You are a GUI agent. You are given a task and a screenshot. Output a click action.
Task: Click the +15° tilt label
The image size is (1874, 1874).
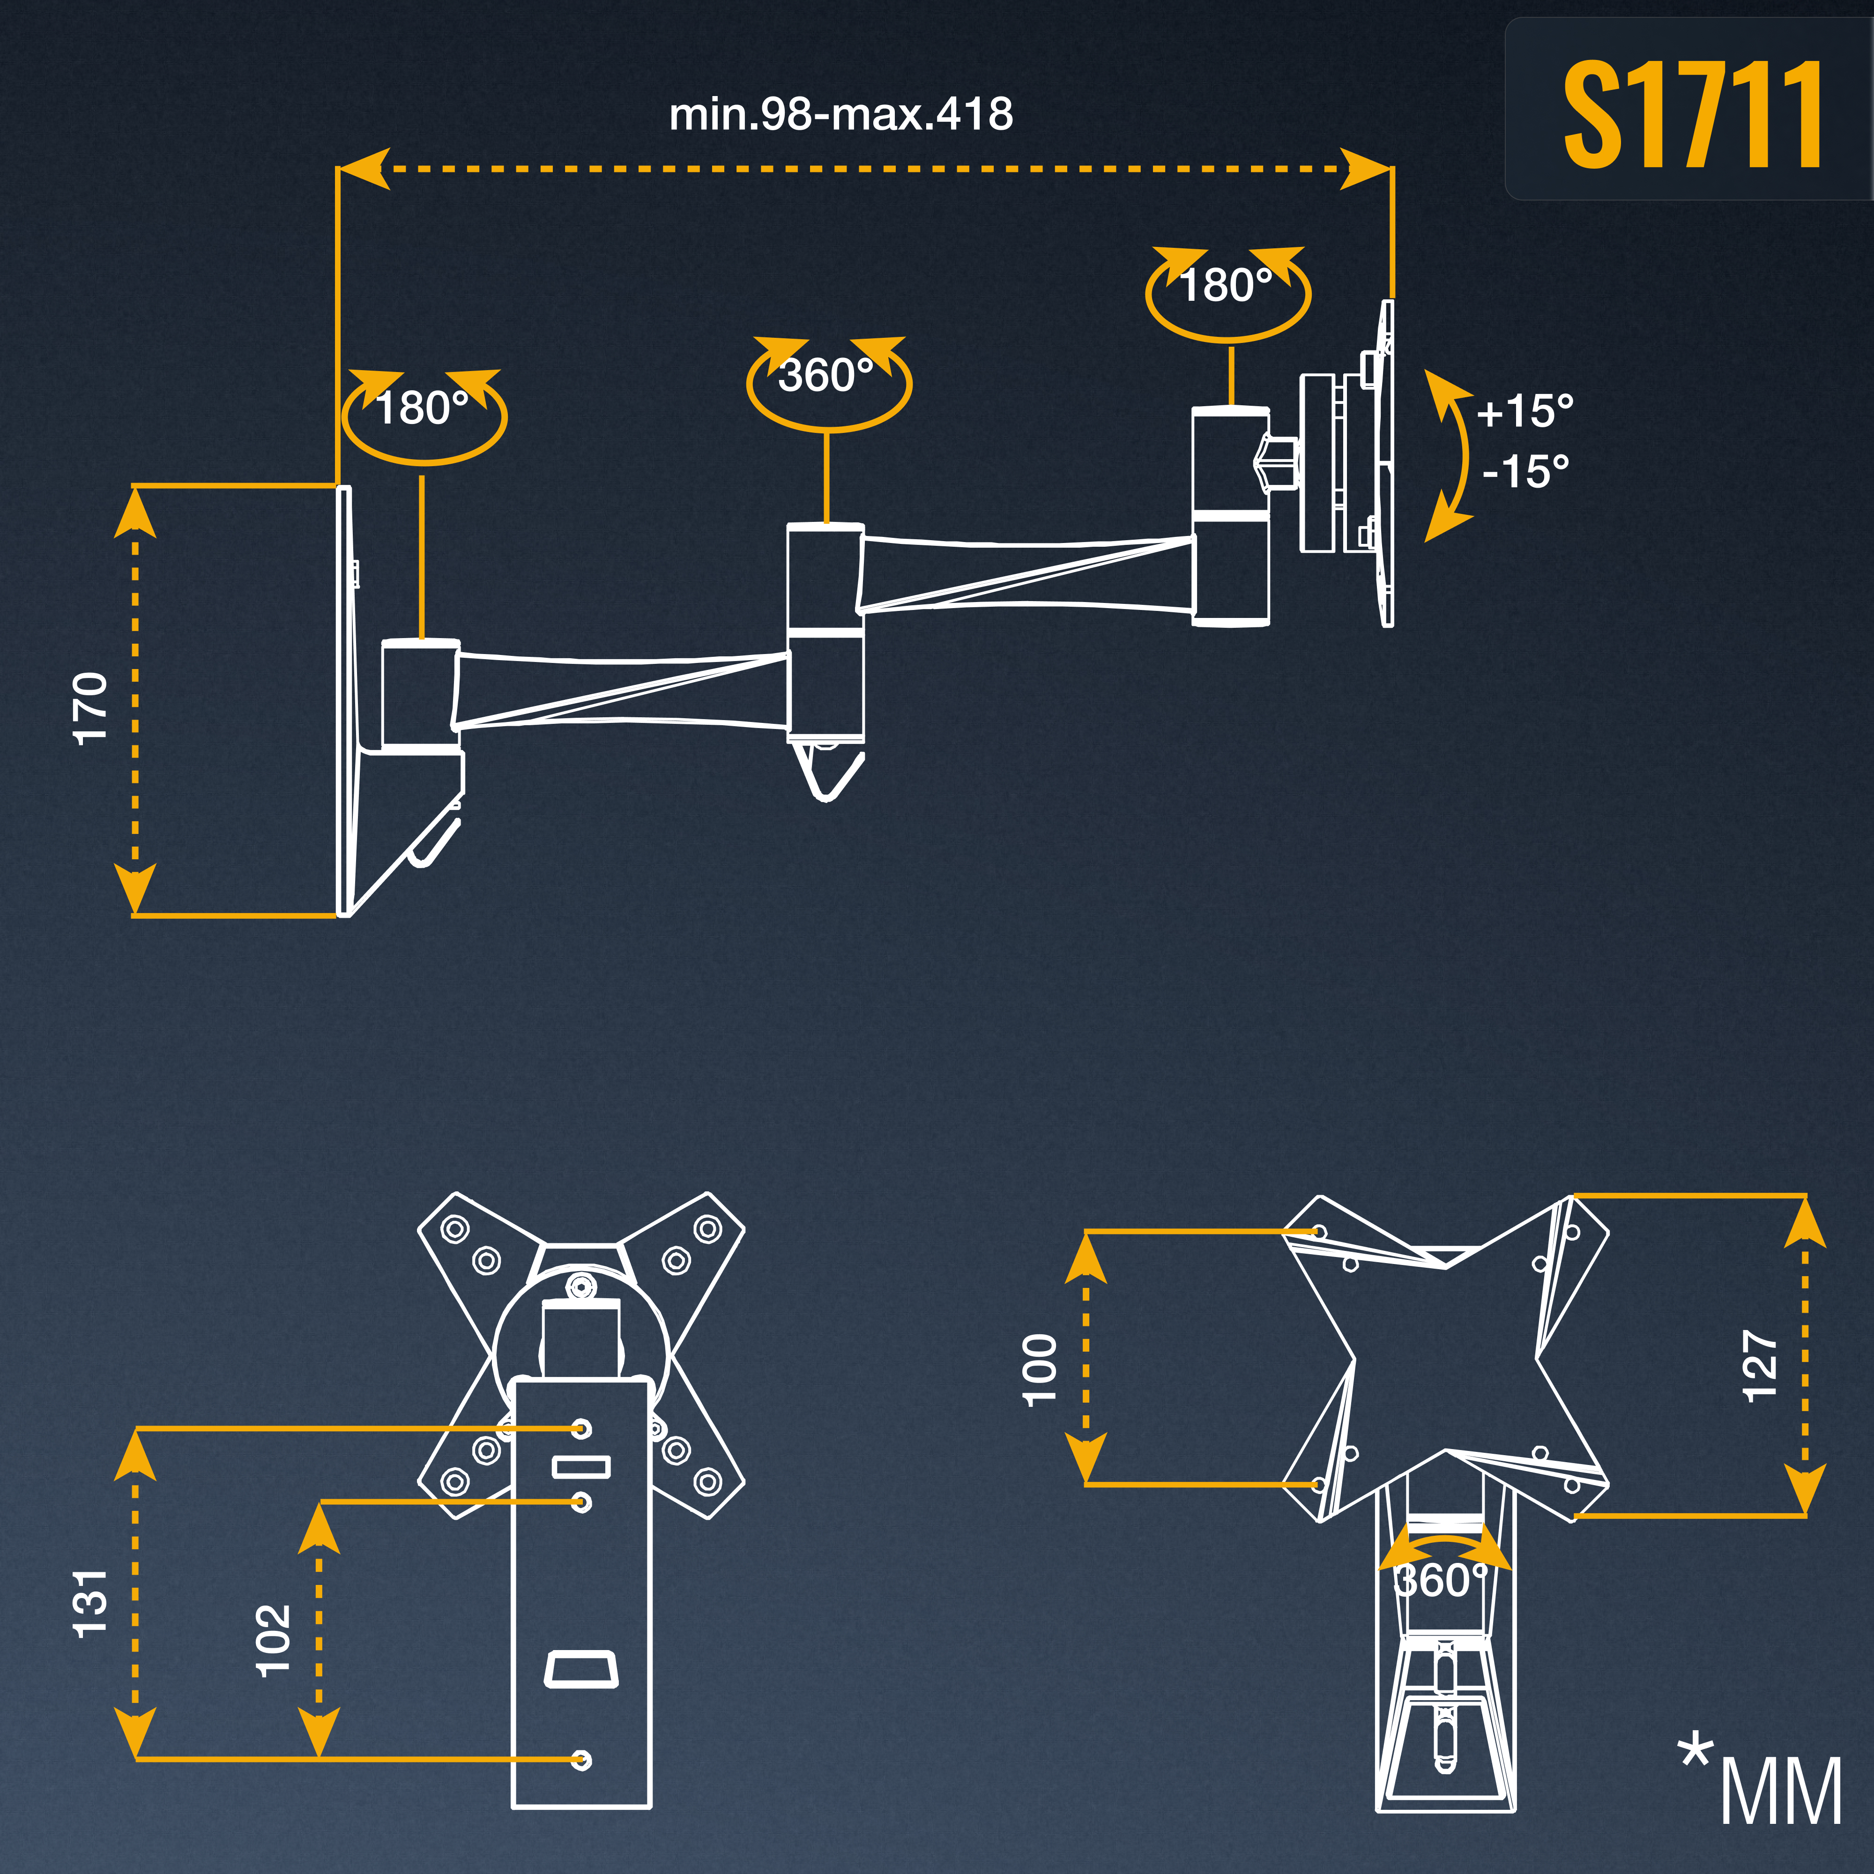point(1525,411)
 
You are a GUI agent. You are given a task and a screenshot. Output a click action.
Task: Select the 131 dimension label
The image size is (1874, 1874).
point(91,1603)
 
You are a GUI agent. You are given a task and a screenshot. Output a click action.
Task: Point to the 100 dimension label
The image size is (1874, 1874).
point(1040,1369)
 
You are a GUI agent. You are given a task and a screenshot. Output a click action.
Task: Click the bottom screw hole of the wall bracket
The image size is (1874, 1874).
point(581,1759)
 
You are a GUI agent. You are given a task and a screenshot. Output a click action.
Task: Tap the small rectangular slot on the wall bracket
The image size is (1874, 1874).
point(581,1465)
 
